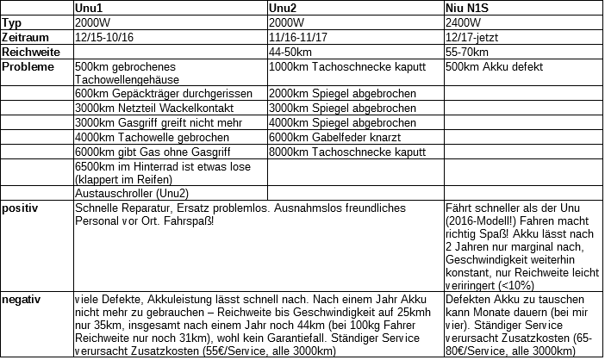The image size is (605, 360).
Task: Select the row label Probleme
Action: tap(29, 67)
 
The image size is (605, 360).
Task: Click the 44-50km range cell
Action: tap(291, 53)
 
